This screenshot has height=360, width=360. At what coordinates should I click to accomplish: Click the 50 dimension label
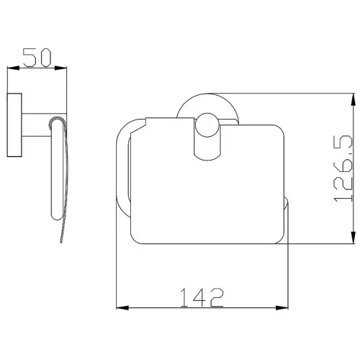tap(37, 58)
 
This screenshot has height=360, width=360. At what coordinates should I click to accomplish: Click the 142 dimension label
tap(202, 298)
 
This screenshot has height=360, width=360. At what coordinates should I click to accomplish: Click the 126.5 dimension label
tap(343, 168)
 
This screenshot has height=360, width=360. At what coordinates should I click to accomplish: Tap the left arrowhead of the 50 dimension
tap(13, 68)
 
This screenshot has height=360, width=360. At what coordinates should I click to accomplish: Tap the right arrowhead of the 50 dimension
tap(60, 68)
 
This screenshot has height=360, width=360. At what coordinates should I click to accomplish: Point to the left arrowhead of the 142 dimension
tap(122, 308)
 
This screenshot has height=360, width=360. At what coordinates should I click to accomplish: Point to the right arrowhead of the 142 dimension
tap(282, 308)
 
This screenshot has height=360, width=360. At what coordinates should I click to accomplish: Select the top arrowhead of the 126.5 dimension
tap(353, 99)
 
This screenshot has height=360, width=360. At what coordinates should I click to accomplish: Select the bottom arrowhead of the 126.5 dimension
tap(353, 238)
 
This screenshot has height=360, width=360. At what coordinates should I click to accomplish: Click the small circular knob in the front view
tap(207, 125)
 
